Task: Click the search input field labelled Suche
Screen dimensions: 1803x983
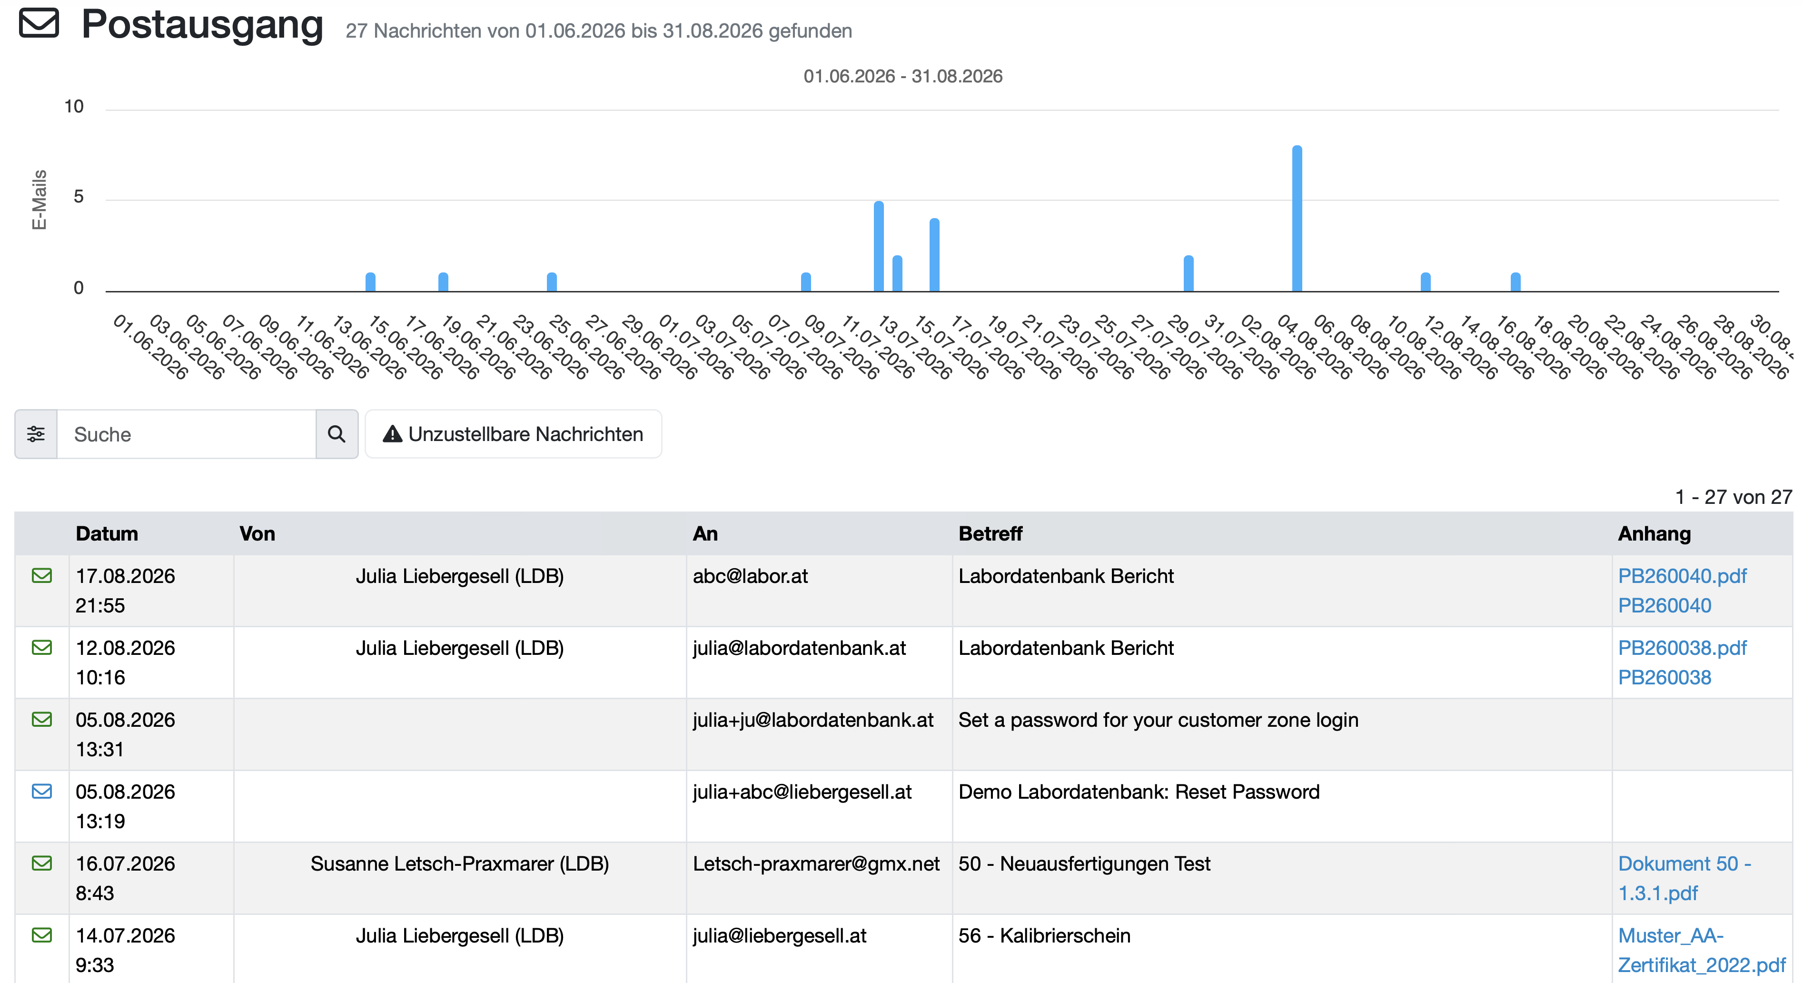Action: [x=186, y=434]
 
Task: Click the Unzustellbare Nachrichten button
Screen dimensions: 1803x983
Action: [x=513, y=434]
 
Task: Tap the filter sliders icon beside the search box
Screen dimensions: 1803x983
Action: [x=36, y=434]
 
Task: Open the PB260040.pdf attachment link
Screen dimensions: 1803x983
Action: [x=1682, y=576]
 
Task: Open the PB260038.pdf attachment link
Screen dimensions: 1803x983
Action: [x=1682, y=648]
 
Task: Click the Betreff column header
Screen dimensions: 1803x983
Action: [x=991, y=533]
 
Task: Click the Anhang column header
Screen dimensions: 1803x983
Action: [x=1654, y=533]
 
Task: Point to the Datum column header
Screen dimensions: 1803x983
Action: [x=107, y=533]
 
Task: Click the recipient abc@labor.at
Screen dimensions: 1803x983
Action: [x=750, y=576]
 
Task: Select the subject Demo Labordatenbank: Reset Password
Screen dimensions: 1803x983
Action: [x=1139, y=792]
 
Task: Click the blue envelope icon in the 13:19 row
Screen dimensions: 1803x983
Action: [x=42, y=791]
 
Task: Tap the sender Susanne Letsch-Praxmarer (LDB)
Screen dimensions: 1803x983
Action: [x=460, y=864]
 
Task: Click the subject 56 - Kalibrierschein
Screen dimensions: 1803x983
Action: [x=1044, y=936]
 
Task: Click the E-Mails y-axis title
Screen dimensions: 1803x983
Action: [x=39, y=200]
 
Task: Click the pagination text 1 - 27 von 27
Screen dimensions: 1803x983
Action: [x=1733, y=497]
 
